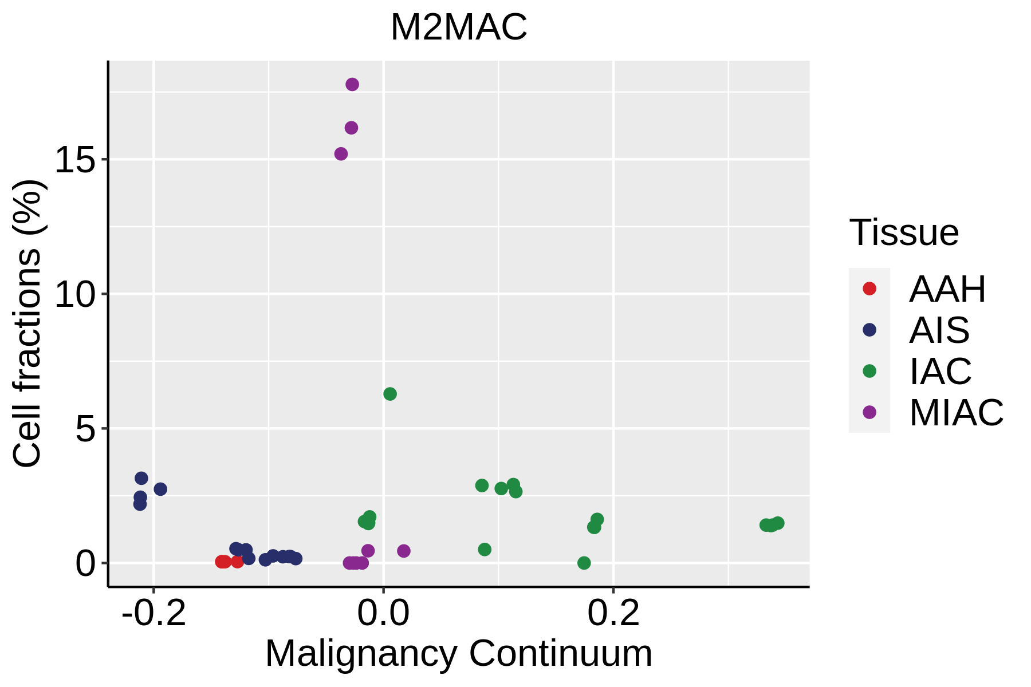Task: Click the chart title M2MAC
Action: pyautogui.click(x=458, y=27)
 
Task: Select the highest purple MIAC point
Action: pyautogui.click(x=352, y=85)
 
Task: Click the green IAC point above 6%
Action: pyautogui.click(x=390, y=394)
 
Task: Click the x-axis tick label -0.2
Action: pyautogui.click(x=154, y=614)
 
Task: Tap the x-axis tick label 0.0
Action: pyautogui.click(x=384, y=614)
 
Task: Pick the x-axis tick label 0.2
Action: pyautogui.click(x=613, y=614)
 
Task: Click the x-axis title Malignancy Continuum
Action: pyautogui.click(x=458, y=654)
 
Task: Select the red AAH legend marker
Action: pyautogui.click(x=869, y=289)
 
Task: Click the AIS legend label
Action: pyautogui.click(x=939, y=330)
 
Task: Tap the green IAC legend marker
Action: pyautogui.click(x=869, y=371)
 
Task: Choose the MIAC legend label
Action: pyautogui.click(x=957, y=412)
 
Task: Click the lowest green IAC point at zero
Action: pyautogui.click(x=584, y=563)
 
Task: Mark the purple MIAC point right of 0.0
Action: pyautogui.click(x=404, y=551)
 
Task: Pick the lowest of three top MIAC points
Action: pyautogui.click(x=341, y=154)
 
